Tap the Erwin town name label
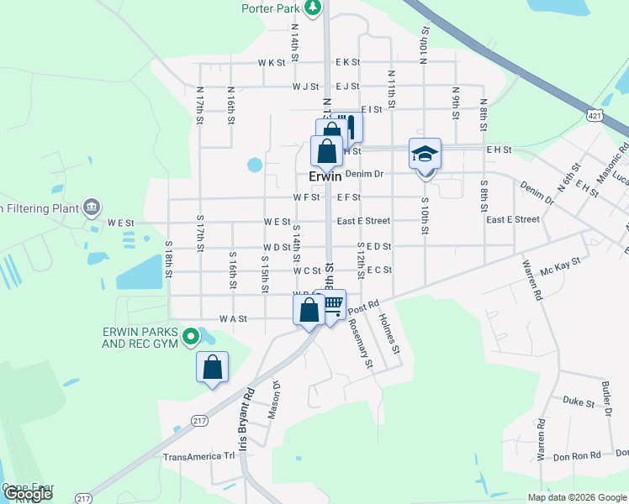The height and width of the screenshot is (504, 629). pos(325,177)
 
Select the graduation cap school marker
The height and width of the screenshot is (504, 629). pos(425,154)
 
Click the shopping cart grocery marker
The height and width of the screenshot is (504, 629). pos(333,305)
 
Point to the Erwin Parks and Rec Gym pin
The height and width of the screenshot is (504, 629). pos(191,338)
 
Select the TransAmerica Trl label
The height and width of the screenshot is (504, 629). pos(199,457)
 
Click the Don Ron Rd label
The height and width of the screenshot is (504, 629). pos(576,455)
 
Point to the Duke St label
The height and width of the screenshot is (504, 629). pos(579,402)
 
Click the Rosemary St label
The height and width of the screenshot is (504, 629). pos(360,344)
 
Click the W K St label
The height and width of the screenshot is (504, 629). pos(272,63)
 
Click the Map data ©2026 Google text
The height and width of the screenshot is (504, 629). pos(576,497)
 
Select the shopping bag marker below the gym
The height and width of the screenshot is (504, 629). pos(212,367)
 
